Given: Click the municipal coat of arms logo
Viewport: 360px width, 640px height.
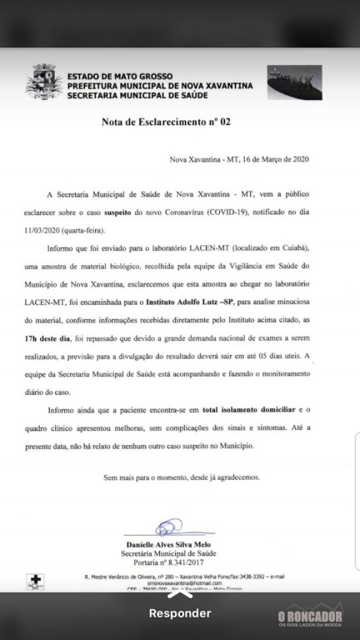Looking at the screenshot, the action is pyautogui.click(x=43, y=84).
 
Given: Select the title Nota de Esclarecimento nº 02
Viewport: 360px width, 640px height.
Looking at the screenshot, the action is pyautogui.click(x=166, y=122).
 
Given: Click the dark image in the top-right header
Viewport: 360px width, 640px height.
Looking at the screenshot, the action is pyautogui.click(x=295, y=85).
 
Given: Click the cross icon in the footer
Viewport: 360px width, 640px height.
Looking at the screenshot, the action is pyautogui.click(x=34, y=579).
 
